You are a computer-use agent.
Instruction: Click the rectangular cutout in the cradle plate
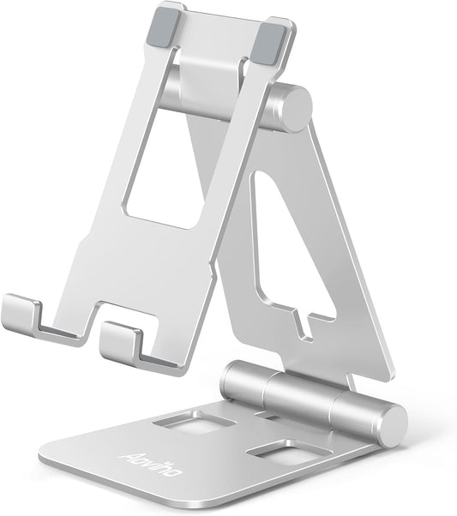(x=171, y=163)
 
